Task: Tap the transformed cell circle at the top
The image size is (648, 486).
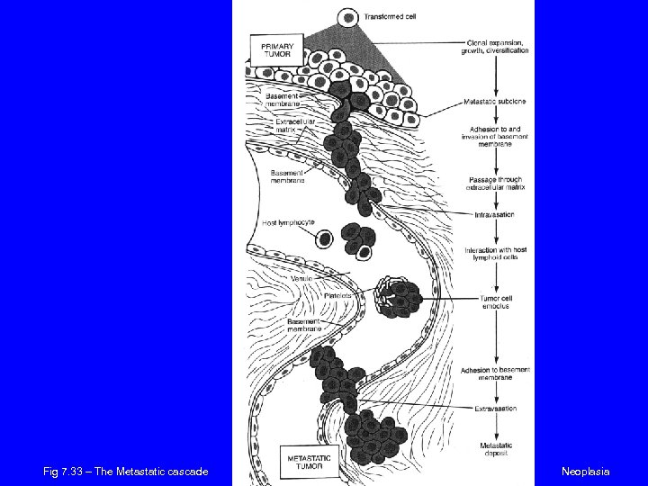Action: [x=347, y=16]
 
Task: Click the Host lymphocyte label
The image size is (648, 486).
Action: [x=283, y=223]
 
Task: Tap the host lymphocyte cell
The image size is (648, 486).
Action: [x=324, y=238]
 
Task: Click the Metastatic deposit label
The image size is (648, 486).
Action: [x=496, y=450]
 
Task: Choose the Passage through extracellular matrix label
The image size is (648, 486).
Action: [x=496, y=184]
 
